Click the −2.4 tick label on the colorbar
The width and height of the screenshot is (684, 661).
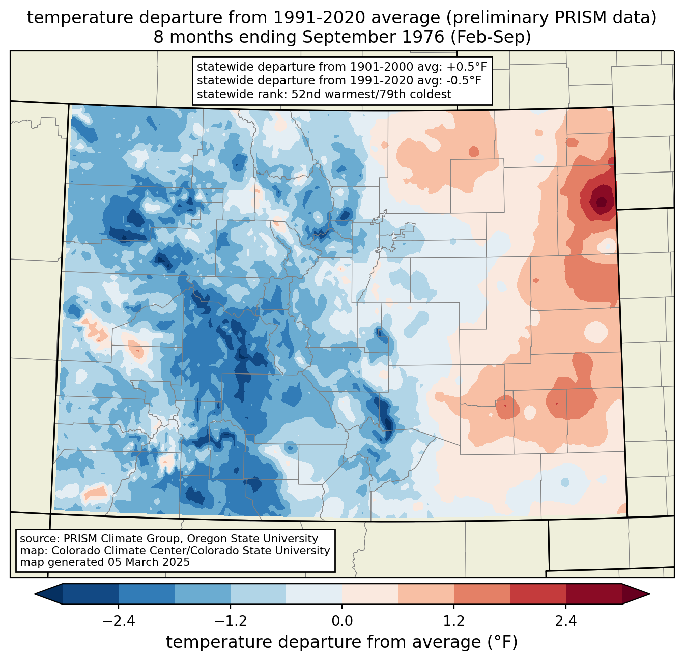118,621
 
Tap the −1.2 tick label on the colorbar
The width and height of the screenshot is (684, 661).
230,621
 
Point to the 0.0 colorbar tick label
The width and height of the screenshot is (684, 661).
342,621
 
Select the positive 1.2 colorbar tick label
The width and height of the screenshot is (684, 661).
454,621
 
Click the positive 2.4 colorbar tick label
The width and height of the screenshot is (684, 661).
565,621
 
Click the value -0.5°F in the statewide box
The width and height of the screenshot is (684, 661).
461,80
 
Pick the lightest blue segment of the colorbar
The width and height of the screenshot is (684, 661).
314,594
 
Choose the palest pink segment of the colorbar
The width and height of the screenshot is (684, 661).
370,594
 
